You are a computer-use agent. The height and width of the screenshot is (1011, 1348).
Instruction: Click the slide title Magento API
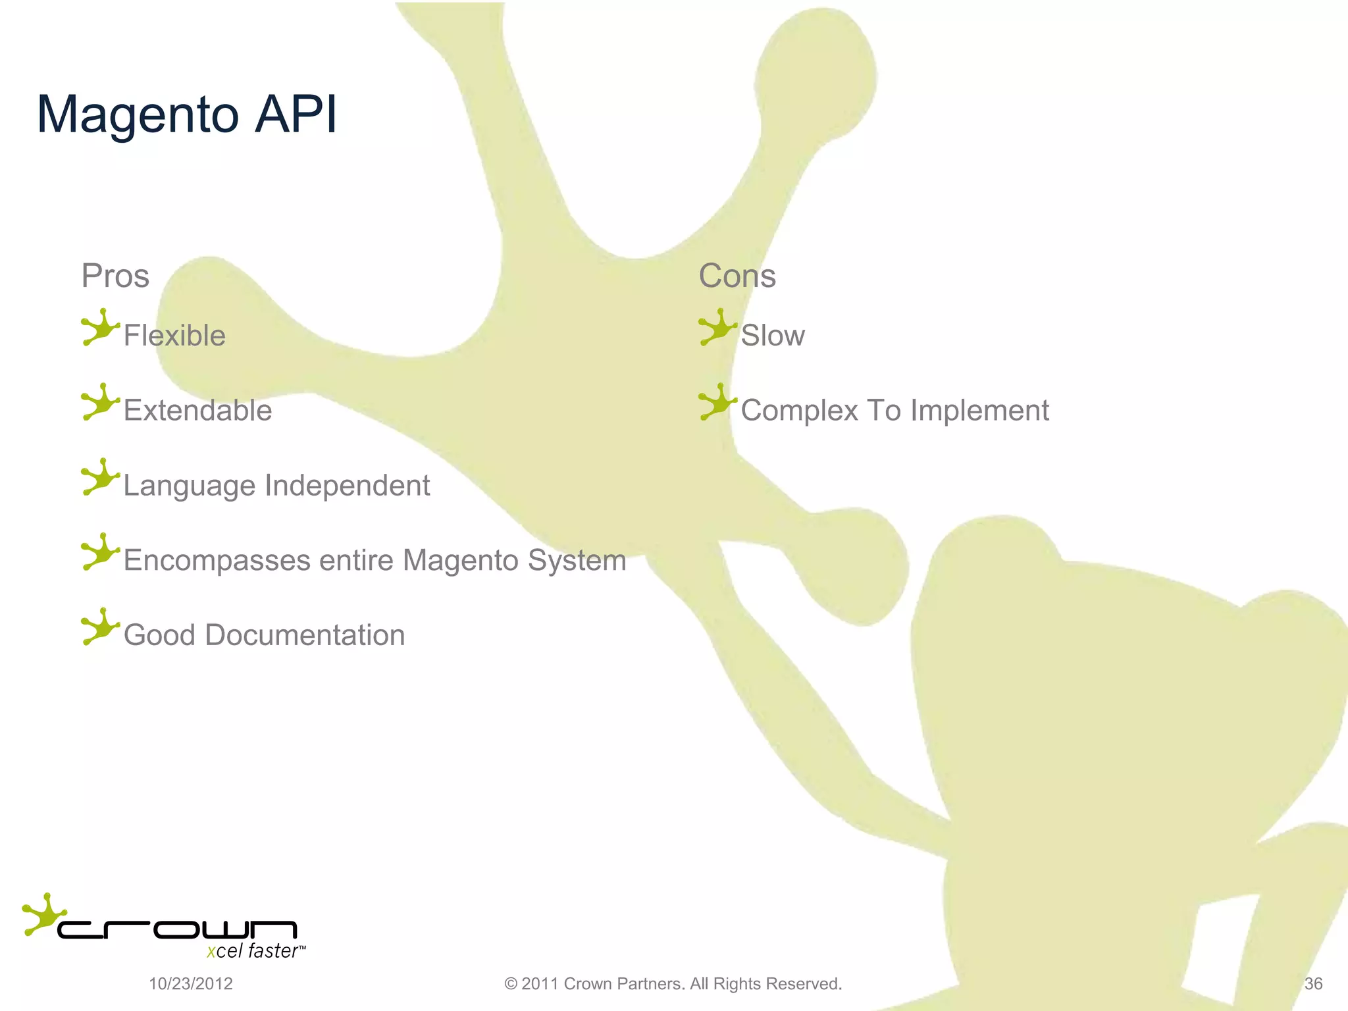187,115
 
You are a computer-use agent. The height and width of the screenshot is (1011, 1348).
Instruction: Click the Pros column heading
115,276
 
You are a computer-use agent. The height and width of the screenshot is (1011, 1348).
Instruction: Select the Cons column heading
737,276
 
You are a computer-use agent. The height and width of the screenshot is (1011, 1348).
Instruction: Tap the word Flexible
174,336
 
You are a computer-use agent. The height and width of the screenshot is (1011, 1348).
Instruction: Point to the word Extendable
197,411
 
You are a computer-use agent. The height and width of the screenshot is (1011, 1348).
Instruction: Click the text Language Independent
276,486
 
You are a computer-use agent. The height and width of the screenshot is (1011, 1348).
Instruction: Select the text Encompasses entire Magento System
375,561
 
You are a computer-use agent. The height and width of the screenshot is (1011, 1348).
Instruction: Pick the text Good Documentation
264,635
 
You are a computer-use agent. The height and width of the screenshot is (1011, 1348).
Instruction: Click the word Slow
773,336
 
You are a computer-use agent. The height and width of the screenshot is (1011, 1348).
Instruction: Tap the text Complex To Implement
894,411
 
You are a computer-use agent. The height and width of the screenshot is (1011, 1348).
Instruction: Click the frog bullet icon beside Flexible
100,327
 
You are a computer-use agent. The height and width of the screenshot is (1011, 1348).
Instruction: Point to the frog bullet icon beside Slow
717,327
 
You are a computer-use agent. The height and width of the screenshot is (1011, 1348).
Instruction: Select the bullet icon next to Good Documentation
100,627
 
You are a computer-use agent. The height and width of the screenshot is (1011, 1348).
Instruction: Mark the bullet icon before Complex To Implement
717,402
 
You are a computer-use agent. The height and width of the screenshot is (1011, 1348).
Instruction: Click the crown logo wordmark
178,929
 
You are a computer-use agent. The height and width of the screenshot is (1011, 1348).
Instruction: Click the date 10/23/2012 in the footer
191,984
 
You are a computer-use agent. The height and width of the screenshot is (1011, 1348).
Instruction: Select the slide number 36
1313,984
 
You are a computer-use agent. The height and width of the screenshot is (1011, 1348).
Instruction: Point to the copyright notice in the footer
673,984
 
